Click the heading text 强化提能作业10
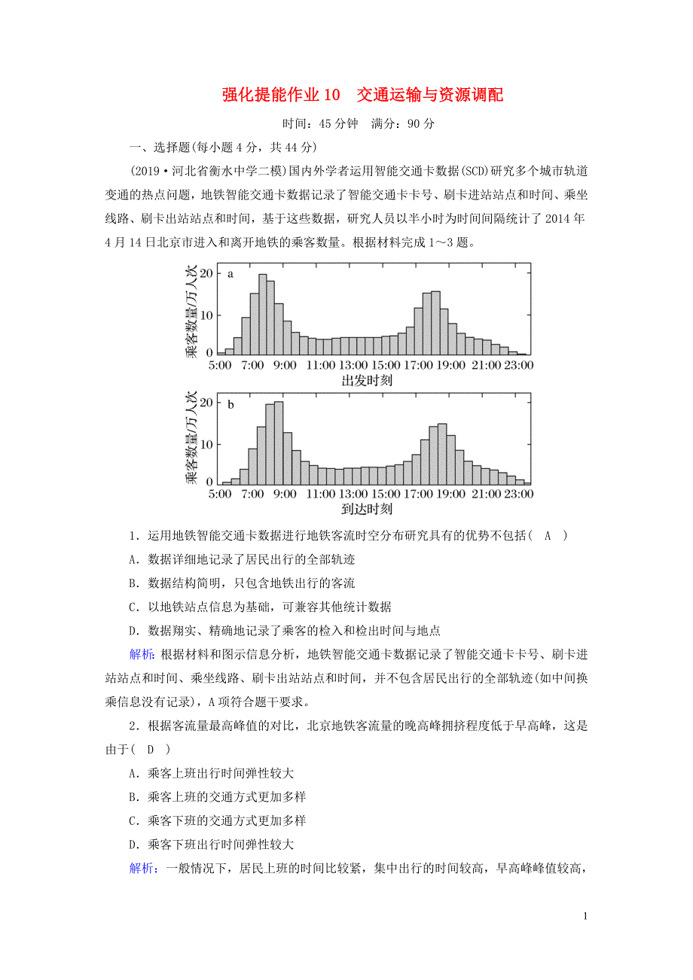280,95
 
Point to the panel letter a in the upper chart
230,274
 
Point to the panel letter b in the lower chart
230,404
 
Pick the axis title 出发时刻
367,380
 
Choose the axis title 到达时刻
367,510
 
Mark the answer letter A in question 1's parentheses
548,535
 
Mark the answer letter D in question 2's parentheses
150,750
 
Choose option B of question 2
218,796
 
